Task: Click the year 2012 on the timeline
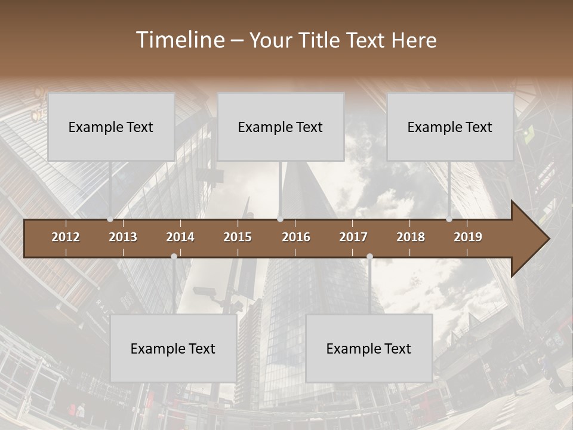pos(66,237)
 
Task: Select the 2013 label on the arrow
pos(123,237)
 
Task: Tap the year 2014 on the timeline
pos(180,237)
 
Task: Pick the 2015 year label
pos(238,237)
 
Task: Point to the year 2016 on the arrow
pos(296,237)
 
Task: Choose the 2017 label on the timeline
pos(353,237)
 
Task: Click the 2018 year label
pos(411,237)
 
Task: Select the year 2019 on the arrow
pos(468,237)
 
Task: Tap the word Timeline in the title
pos(180,40)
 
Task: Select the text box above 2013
pos(111,127)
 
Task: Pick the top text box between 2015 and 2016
pos(281,127)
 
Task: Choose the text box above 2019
pos(450,127)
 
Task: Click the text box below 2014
pos(173,348)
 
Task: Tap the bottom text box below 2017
pos(369,348)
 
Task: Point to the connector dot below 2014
pos(174,256)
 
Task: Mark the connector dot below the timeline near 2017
pos(369,256)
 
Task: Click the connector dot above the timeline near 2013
pos(110,219)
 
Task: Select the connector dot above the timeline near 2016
pos(280,219)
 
